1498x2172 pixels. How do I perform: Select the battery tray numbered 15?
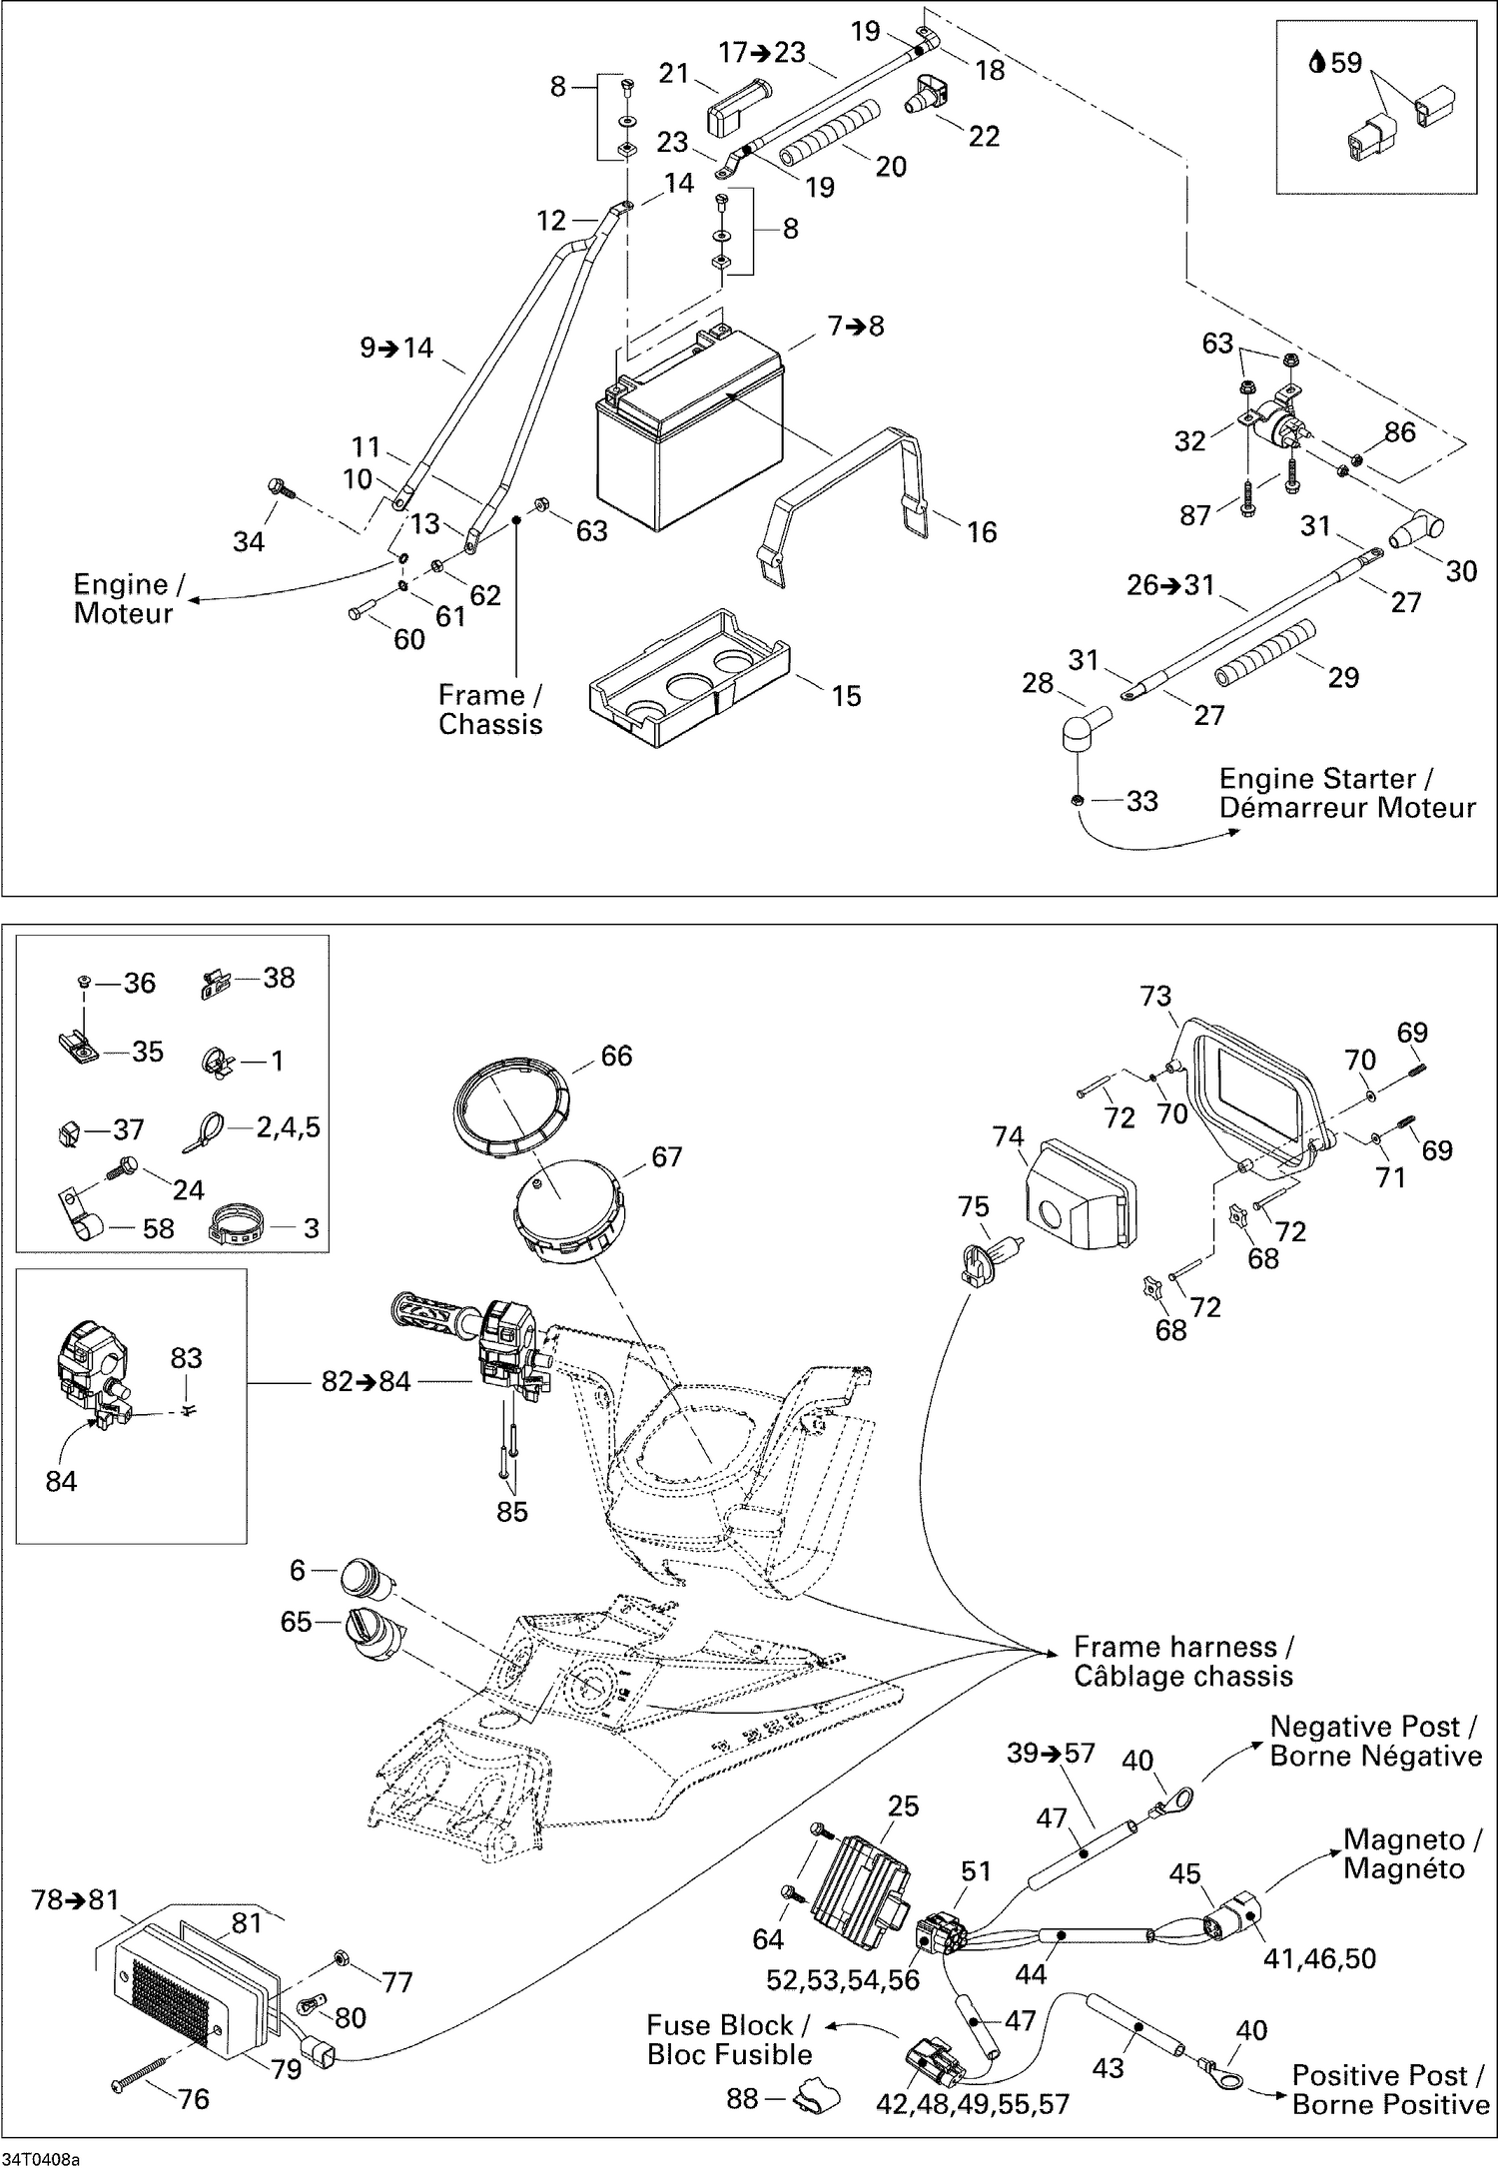tap(689, 679)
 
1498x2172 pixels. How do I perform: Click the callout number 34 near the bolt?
tap(249, 541)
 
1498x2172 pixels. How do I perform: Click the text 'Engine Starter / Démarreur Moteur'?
tap(1346, 793)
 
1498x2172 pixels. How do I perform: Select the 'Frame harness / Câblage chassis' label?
tap(1183, 1661)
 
